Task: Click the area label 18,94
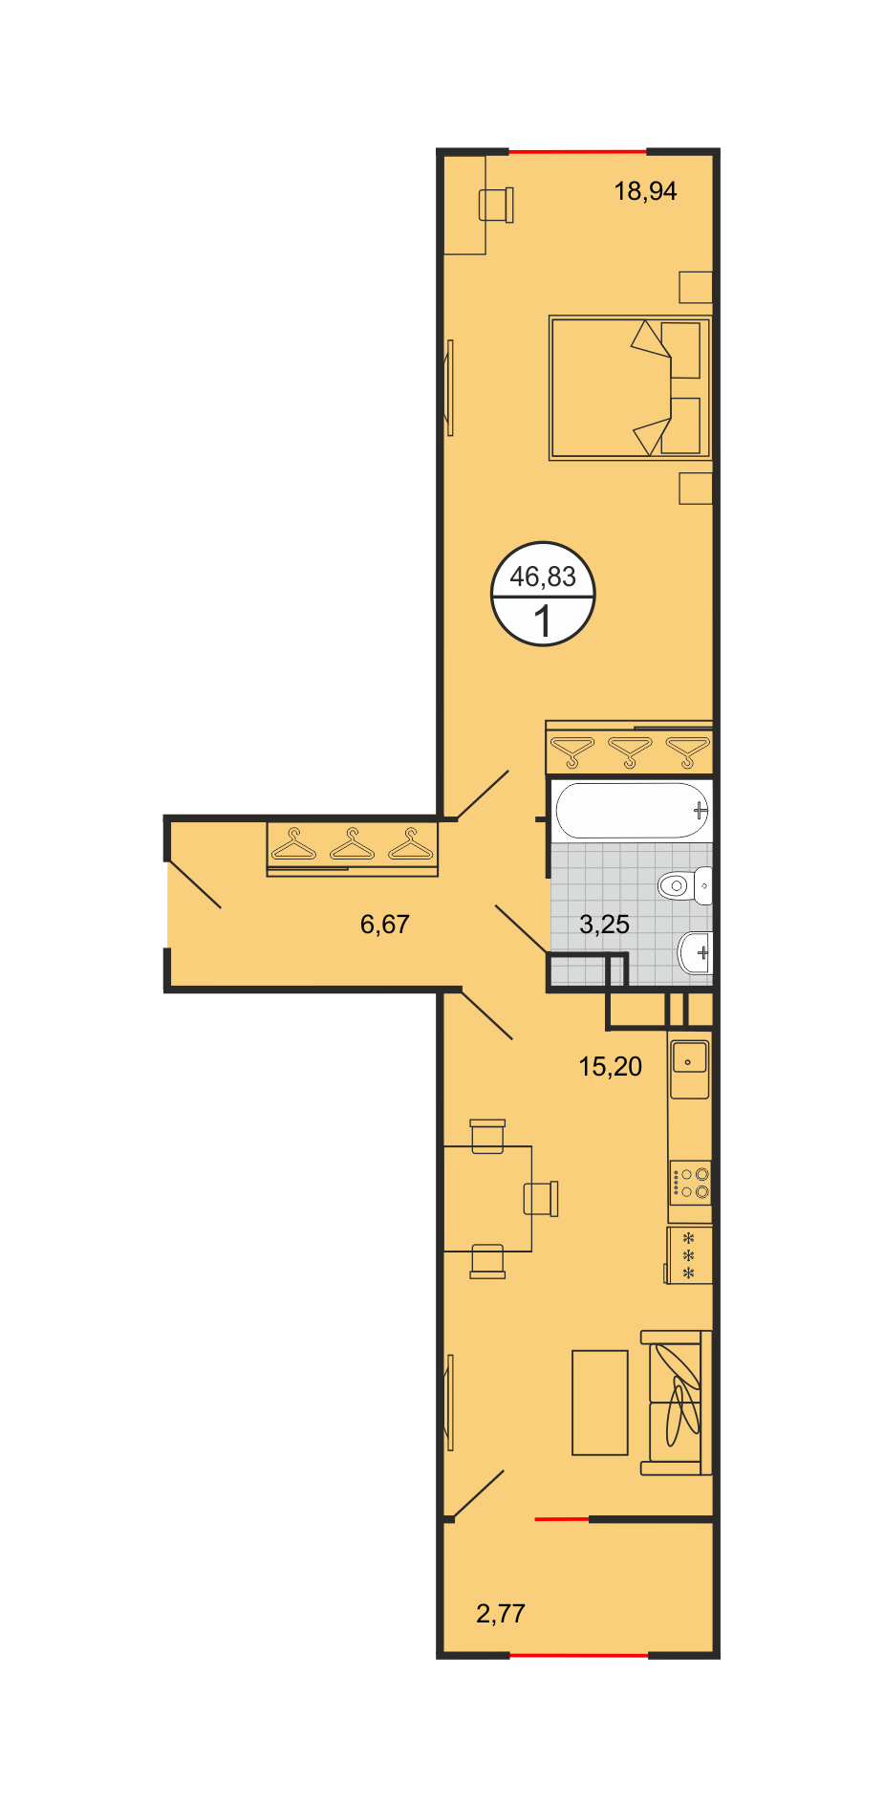pos(645,191)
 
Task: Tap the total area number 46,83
pos(543,577)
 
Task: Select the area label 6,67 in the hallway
pos(385,925)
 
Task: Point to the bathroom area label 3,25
pos(605,925)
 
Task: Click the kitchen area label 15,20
pos(611,1066)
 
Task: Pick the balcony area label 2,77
pos(501,1614)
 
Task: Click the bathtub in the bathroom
pos(633,811)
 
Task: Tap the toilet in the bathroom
pos(685,885)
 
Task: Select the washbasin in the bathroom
pos(695,952)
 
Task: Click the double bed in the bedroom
pos(631,388)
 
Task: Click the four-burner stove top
pos(690,1182)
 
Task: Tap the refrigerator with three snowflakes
pos(689,1255)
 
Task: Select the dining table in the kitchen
pos(487,1199)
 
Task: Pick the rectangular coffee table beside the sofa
pos(600,1403)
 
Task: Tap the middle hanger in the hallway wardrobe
pos(353,846)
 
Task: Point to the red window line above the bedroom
pos(577,152)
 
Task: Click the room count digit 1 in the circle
pos(543,621)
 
